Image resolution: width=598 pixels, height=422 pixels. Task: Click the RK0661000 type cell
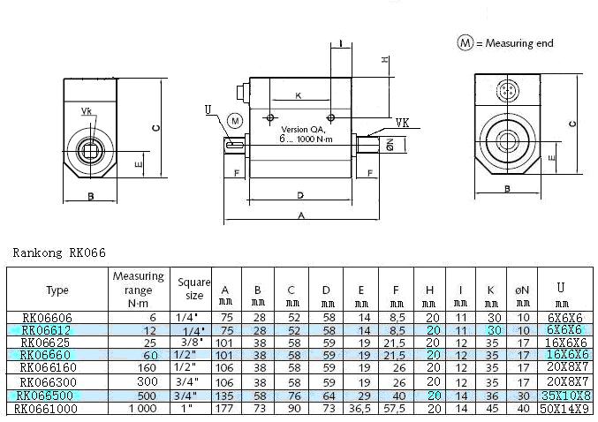(46, 409)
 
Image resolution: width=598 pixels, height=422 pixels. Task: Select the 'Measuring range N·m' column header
(139, 290)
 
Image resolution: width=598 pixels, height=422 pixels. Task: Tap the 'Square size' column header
(193, 289)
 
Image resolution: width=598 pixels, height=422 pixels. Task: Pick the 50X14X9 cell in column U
(564, 409)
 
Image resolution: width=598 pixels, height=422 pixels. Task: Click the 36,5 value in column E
(360, 408)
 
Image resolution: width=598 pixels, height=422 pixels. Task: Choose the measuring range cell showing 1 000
(142, 408)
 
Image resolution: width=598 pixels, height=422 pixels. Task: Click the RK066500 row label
(44, 396)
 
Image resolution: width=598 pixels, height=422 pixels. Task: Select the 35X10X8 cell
(566, 396)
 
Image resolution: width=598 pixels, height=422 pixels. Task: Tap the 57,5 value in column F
(394, 408)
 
